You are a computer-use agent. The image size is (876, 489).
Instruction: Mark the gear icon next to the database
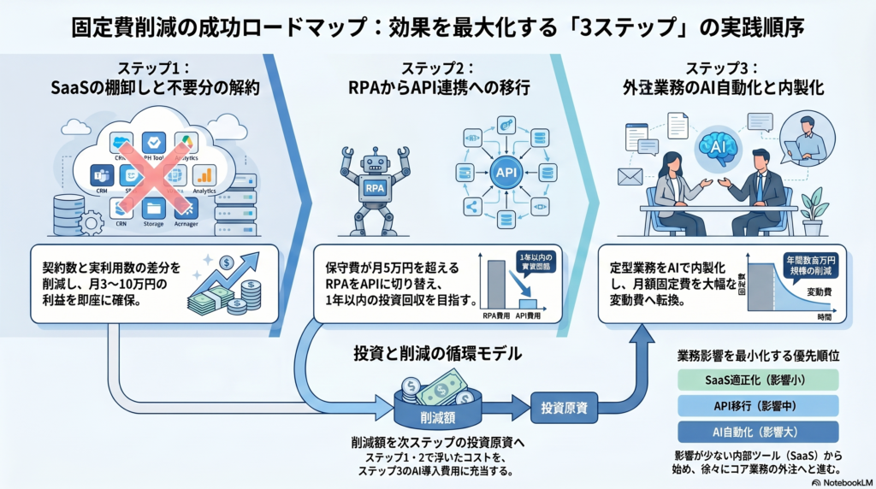(91, 224)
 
